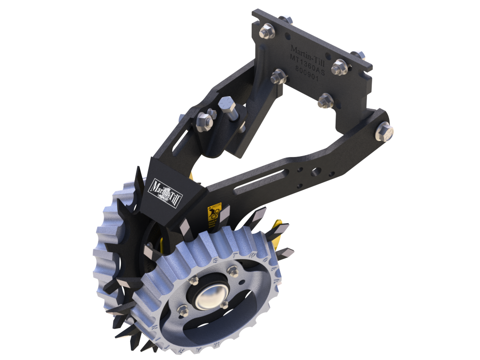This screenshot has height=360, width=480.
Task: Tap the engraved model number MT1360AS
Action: coord(307,60)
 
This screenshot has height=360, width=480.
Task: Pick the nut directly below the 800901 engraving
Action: coord(324,99)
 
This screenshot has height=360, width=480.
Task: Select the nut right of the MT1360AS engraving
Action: coord(339,68)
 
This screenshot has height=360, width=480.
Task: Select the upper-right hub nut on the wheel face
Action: coord(232,271)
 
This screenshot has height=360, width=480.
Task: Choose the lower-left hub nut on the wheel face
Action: coord(183,310)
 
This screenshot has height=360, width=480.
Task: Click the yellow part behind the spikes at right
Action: coord(278,233)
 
